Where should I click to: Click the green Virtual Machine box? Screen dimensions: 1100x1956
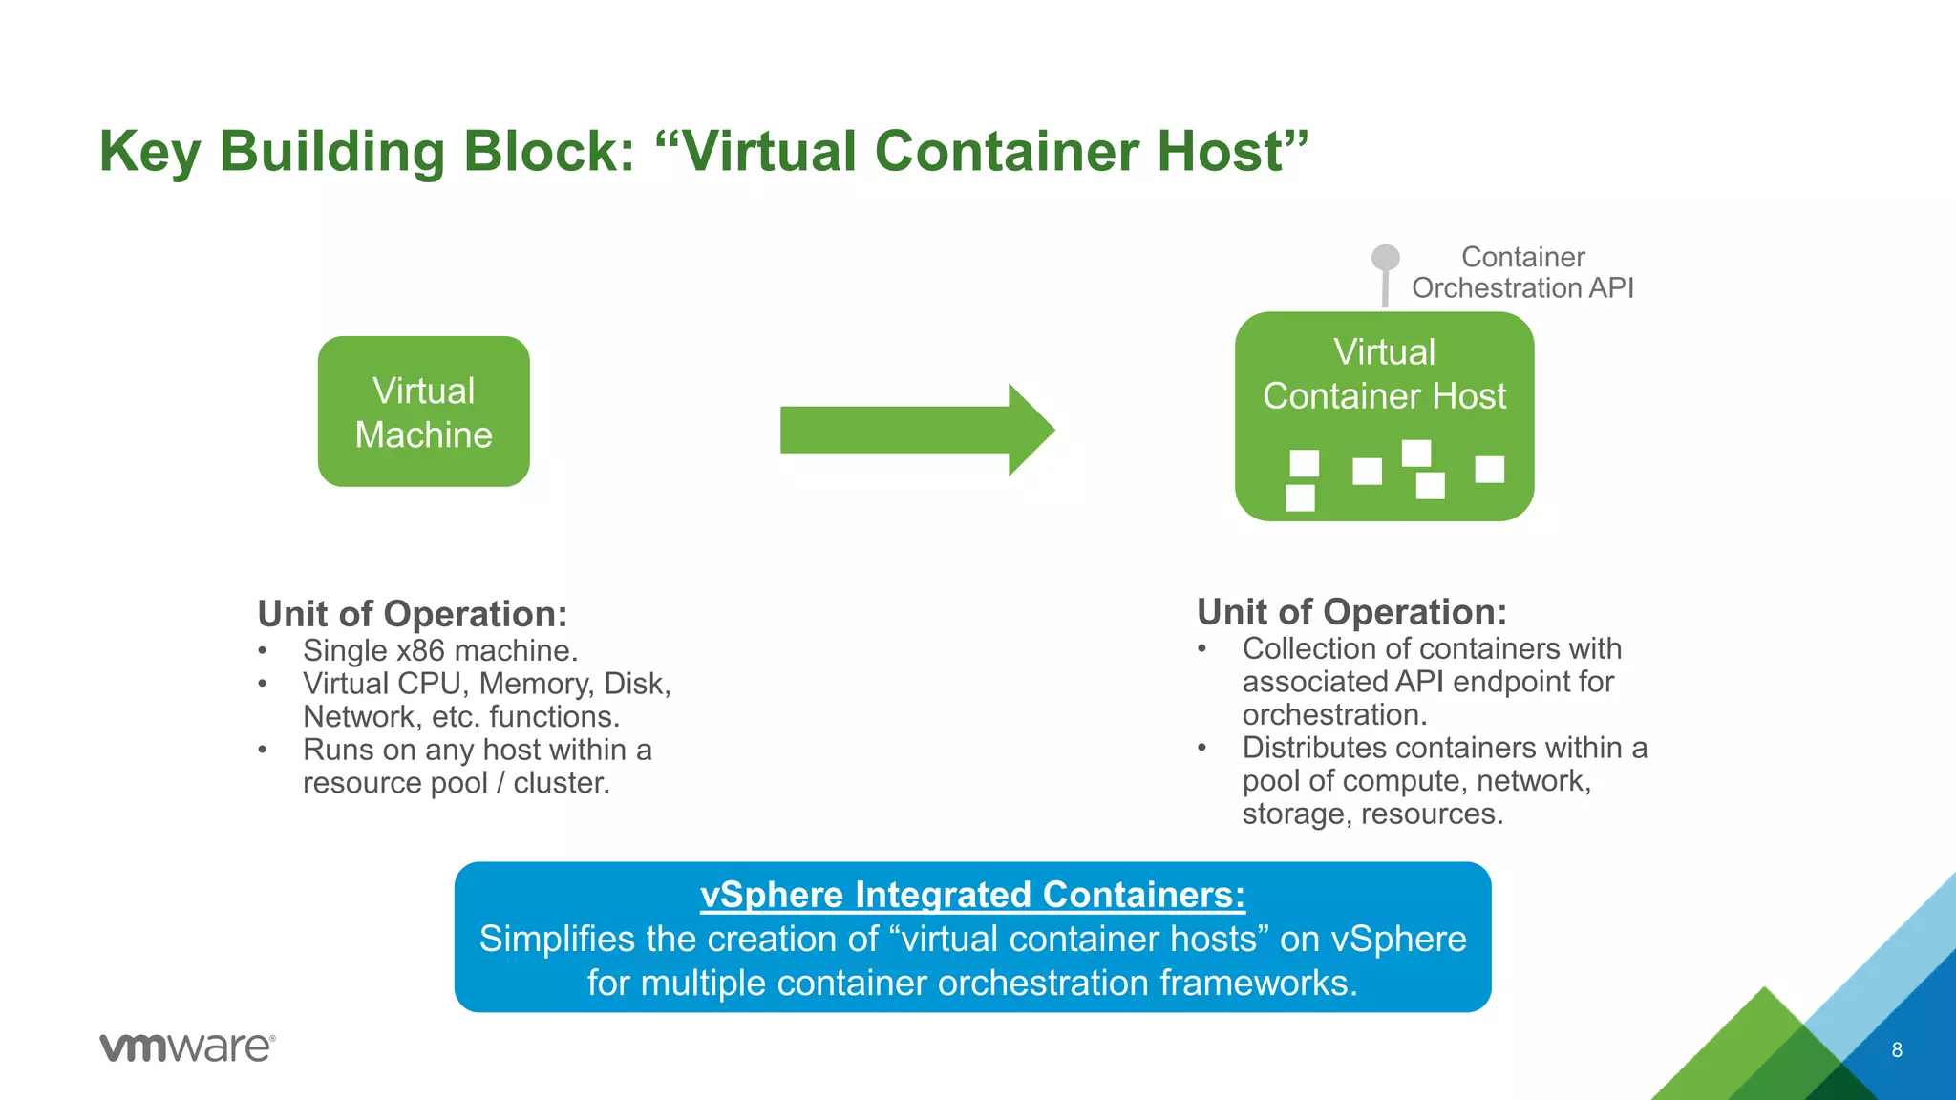pos(423,412)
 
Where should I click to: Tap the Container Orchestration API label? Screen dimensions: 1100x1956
pos(1522,272)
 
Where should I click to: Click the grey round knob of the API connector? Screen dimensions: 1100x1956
pos(1385,258)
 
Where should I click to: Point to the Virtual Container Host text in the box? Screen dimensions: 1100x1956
pos(1384,374)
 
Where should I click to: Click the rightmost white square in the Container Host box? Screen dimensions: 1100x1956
pos(1489,469)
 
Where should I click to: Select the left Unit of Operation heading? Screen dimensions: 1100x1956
pos(413,614)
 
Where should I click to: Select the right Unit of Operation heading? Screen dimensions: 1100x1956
pos(1351,612)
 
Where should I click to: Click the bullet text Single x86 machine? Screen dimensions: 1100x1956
pos(440,651)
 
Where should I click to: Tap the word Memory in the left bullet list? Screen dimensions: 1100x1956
pos(534,684)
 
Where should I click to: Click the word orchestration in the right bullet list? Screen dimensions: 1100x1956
pos(1333,715)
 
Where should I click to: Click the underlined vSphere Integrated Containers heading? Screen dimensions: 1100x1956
pos(972,895)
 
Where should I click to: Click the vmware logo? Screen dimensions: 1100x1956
pos(187,1047)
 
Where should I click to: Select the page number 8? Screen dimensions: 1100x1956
pos(1897,1050)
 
